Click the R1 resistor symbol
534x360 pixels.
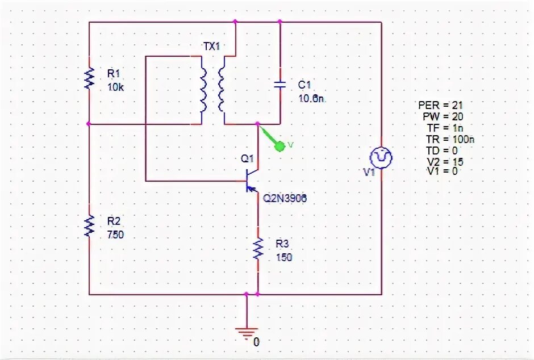(x=89, y=78)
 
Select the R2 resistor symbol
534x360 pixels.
(x=89, y=225)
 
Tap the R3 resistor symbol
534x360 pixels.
(x=258, y=248)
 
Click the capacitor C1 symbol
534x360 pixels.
(x=280, y=85)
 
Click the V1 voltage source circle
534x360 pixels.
(x=381, y=157)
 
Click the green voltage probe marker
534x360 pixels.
(x=279, y=146)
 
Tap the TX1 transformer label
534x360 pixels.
(x=211, y=47)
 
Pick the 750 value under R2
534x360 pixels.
(x=115, y=235)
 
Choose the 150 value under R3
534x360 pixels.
(x=283, y=257)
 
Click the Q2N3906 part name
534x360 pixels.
(x=285, y=198)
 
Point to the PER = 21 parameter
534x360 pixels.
(x=441, y=105)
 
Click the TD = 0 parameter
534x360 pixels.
(x=443, y=150)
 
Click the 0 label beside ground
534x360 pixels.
(x=256, y=342)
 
